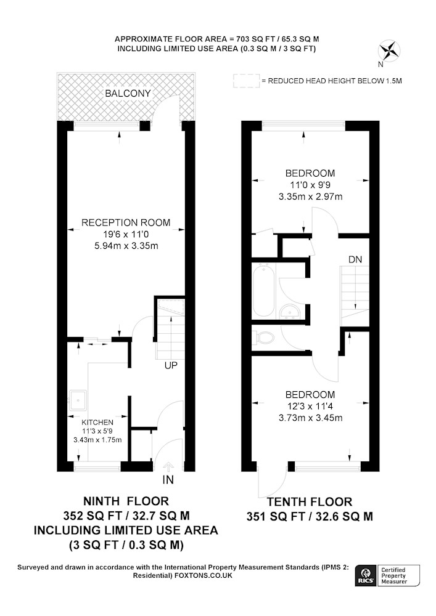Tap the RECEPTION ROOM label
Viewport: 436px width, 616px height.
pos(126,223)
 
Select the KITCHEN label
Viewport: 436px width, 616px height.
pos(97,423)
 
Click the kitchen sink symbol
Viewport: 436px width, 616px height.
pos(78,400)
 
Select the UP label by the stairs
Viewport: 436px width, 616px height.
pos(171,365)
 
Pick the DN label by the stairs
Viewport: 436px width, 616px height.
pos(355,260)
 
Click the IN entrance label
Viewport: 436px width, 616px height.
pos(168,480)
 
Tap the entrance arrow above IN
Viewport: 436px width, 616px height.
pos(168,466)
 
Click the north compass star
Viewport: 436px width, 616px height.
pos(389,51)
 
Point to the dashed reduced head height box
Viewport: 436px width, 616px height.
pos(246,81)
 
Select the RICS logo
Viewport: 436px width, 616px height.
pos(366,576)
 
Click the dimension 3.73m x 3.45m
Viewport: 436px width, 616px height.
pos(311,418)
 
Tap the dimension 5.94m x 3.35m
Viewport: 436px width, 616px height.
pos(126,246)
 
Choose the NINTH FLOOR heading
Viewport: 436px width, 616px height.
pos(126,501)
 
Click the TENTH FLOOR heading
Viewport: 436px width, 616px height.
pos(310,501)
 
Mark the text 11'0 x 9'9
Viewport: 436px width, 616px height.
pos(311,185)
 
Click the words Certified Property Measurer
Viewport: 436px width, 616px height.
pos(394,575)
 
